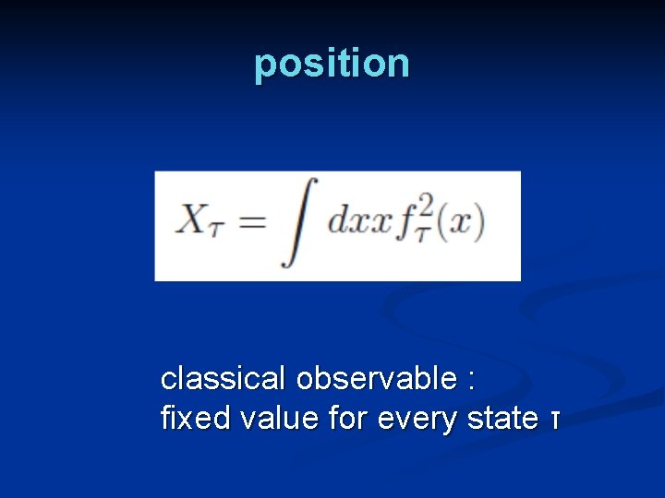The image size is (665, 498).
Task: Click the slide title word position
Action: (x=332, y=64)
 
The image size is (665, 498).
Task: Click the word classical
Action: (x=224, y=378)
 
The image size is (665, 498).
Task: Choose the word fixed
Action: (x=196, y=419)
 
